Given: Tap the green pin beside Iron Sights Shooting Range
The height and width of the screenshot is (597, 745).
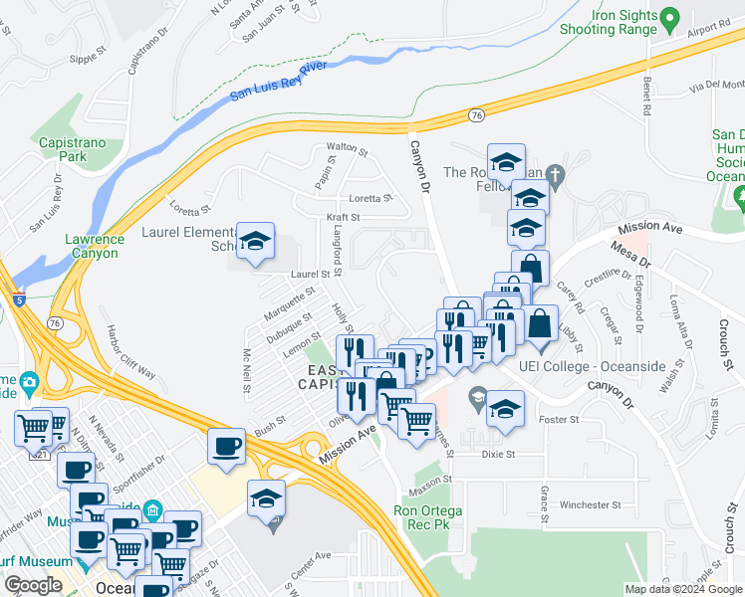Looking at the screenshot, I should pos(670,17).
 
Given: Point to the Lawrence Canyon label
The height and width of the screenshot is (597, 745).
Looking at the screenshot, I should pos(95,246).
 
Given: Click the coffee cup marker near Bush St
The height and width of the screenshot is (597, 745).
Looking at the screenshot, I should pos(227,445).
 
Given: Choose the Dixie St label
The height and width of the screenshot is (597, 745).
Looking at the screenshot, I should pos(497,454).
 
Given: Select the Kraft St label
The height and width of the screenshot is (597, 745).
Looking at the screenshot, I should pos(342,216).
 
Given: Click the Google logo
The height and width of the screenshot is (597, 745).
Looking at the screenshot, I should pos(33,585).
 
